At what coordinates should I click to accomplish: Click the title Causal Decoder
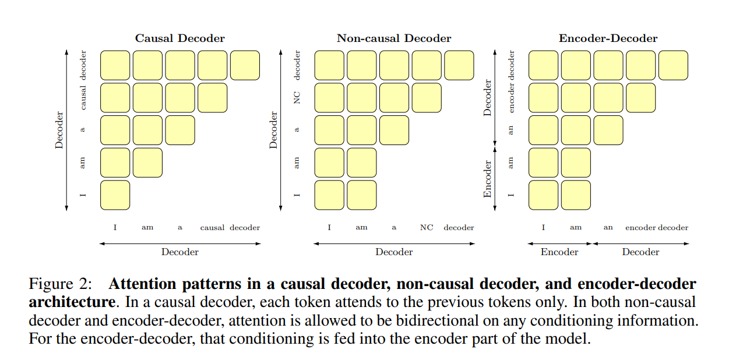(x=179, y=38)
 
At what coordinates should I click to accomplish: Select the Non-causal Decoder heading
(x=393, y=38)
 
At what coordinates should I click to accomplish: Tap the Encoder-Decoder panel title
(x=608, y=38)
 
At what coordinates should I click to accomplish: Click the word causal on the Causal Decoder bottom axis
(x=212, y=228)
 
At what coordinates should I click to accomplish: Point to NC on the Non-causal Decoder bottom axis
(x=427, y=228)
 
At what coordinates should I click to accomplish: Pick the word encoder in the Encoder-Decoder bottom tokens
(x=640, y=228)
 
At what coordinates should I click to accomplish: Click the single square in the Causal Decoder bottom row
(x=115, y=195)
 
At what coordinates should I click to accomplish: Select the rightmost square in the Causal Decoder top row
(x=245, y=65)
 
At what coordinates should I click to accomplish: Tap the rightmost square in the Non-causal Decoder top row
(x=459, y=65)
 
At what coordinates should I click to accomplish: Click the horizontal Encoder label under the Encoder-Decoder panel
(x=559, y=252)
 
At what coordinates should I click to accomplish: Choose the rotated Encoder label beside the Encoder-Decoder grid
(x=488, y=179)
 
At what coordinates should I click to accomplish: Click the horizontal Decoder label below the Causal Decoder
(x=179, y=252)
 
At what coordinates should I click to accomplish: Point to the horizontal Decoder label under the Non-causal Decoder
(x=394, y=252)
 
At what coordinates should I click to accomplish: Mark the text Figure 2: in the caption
(x=60, y=284)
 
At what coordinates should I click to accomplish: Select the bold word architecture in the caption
(x=71, y=302)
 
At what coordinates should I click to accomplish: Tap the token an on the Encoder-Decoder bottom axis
(x=608, y=228)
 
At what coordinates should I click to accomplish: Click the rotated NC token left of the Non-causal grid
(x=297, y=98)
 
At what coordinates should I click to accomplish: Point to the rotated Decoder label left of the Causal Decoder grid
(x=59, y=130)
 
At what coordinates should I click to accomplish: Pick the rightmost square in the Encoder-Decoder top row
(x=673, y=65)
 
